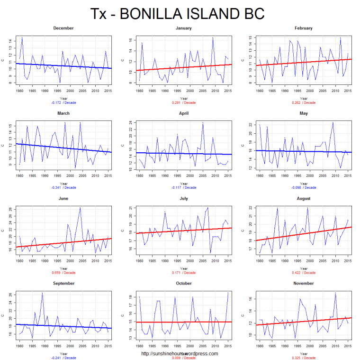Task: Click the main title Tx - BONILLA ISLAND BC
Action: (x=177, y=14)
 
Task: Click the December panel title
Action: (x=63, y=28)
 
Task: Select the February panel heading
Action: (x=304, y=28)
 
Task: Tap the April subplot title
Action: (x=184, y=113)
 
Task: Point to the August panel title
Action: (x=304, y=198)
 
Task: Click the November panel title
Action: (x=304, y=283)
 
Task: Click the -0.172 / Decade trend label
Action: (x=63, y=102)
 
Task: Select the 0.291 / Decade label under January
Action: (x=184, y=102)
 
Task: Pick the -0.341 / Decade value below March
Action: (x=63, y=188)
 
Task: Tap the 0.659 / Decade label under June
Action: (x=63, y=273)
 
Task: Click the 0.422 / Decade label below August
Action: (x=304, y=273)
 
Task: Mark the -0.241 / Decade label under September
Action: (x=63, y=358)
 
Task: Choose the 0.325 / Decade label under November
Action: (x=304, y=358)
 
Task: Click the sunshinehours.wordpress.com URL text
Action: (x=180, y=353)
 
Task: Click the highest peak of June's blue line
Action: (x=80, y=208)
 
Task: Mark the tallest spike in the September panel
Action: (x=42, y=293)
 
